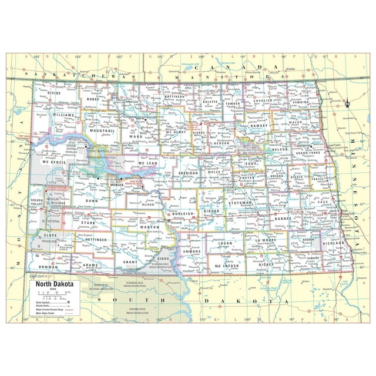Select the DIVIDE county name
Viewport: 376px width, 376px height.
(54, 93)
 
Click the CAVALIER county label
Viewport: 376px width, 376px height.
(263, 100)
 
